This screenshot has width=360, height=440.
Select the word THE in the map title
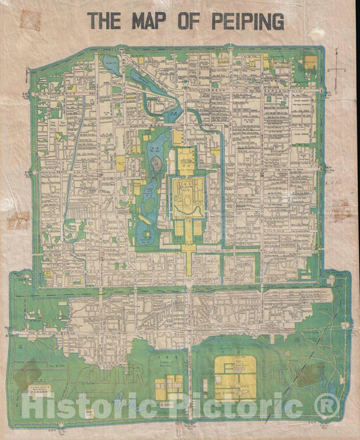coord(105,22)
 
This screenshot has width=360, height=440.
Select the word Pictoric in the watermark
coord(223,407)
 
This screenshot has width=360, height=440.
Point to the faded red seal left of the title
coord(30,20)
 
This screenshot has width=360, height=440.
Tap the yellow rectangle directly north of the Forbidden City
coord(185,162)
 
